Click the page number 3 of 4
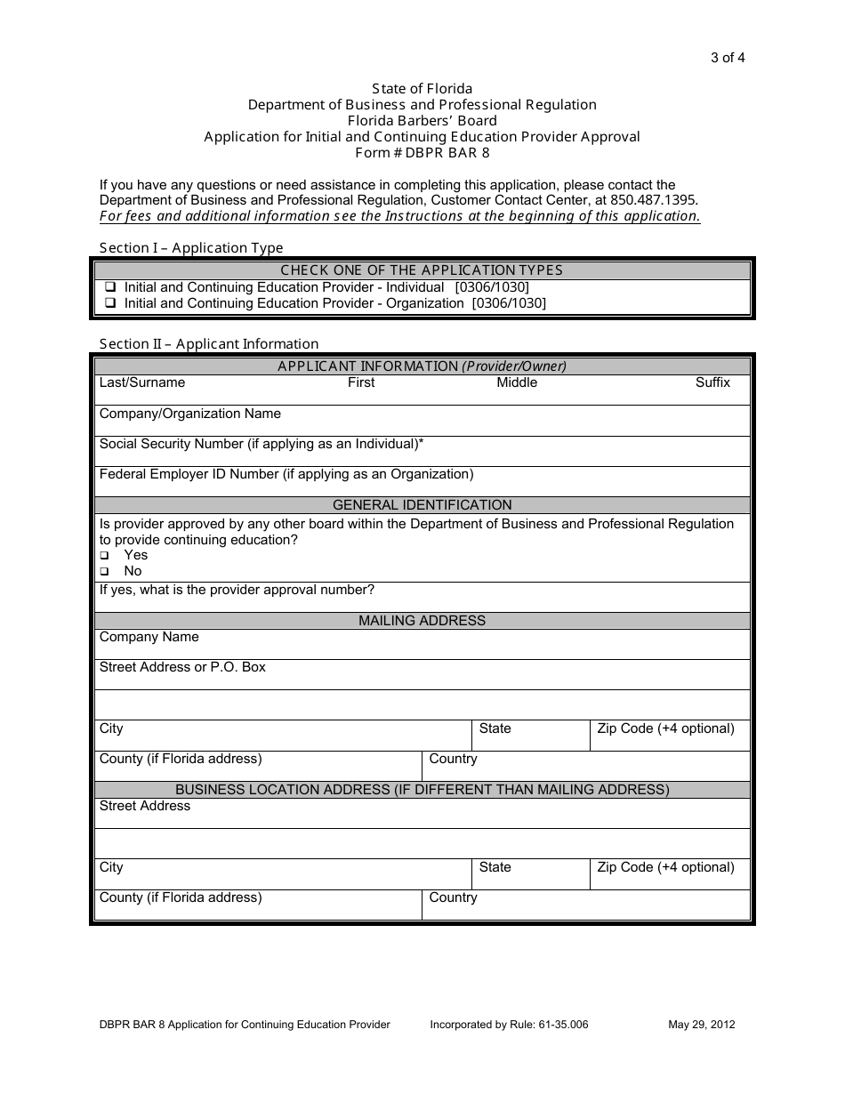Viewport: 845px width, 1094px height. [727, 59]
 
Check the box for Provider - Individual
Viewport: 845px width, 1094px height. [110, 287]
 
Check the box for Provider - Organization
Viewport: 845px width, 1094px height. [110, 303]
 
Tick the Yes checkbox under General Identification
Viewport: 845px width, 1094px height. [104, 556]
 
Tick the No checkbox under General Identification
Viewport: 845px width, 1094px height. [104, 572]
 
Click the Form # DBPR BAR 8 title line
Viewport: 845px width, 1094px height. [422, 152]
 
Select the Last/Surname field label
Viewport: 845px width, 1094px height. [142, 382]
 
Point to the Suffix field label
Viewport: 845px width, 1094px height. [712, 382]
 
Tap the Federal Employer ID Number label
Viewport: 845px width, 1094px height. [286, 474]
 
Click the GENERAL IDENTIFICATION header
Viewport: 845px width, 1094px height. [422, 504]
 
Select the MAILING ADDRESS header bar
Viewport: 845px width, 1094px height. [422, 621]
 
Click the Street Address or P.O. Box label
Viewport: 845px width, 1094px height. [182, 667]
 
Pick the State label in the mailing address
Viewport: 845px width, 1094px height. [495, 728]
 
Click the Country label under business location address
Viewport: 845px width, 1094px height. [453, 897]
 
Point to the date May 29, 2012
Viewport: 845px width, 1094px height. [701, 1025]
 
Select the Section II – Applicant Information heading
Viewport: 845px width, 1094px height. [208, 344]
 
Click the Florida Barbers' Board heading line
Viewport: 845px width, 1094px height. [422, 121]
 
